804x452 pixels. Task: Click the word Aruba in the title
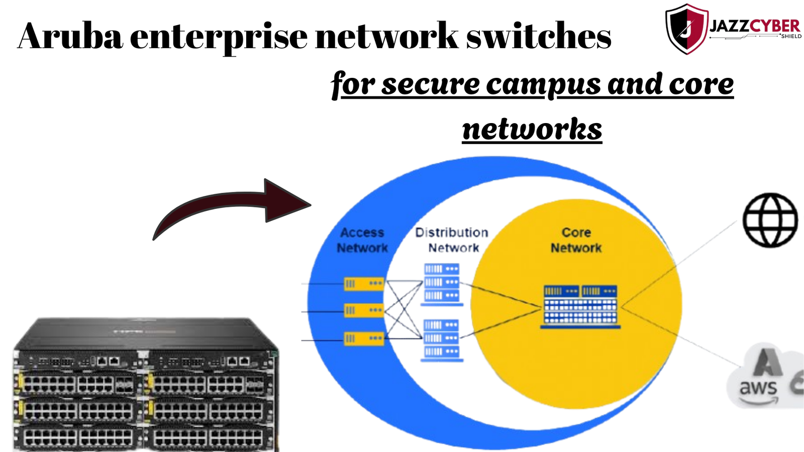tap(70, 36)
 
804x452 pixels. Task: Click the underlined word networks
tap(532, 129)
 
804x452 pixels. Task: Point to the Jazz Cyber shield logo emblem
tap(686, 29)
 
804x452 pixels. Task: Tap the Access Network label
tap(362, 240)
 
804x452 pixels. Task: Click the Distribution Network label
tap(452, 240)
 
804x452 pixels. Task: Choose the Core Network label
tap(576, 240)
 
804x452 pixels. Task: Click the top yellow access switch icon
tap(364, 284)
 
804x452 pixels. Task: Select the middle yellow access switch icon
tap(364, 310)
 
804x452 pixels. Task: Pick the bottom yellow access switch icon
tap(364, 338)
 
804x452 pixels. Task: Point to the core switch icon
tap(580, 305)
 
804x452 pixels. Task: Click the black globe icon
tap(770, 220)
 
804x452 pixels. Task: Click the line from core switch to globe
tap(678, 264)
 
